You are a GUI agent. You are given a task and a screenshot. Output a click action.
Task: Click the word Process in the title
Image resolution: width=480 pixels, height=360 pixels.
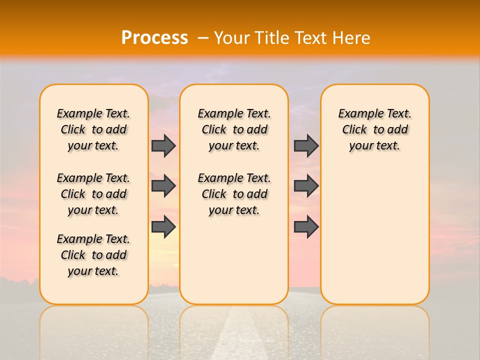click(x=154, y=38)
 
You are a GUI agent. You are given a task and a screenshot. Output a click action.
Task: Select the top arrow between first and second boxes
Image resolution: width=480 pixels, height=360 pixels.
click(x=163, y=145)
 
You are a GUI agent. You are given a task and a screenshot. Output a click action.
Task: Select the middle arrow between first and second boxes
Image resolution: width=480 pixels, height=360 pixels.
click(x=163, y=186)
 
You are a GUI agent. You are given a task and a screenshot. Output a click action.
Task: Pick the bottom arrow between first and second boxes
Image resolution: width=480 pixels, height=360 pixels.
click(x=163, y=226)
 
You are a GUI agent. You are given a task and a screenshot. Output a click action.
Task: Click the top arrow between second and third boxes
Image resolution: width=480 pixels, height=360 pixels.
click(x=306, y=145)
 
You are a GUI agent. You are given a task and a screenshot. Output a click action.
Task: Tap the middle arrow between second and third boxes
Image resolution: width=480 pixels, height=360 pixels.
click(x=306, y=186)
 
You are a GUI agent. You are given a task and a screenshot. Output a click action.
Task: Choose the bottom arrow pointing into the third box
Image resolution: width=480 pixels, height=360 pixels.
click(x=306, y=226)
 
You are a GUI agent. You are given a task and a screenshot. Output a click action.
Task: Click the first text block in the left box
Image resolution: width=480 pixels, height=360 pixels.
click(x=93, y=129)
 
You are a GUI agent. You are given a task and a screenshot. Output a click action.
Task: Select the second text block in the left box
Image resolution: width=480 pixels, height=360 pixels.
click(x=93, y=194)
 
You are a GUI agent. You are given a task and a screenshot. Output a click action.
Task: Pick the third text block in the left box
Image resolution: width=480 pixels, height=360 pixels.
click(x=93, y=255)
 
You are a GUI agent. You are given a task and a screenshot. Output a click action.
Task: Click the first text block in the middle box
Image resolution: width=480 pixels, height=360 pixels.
click(x=234, y=129)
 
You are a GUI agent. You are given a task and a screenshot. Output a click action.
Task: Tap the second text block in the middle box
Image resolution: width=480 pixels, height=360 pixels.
click(x=234, y=194)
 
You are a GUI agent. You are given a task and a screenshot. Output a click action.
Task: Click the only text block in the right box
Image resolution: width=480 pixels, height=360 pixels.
click(x=375, y=129)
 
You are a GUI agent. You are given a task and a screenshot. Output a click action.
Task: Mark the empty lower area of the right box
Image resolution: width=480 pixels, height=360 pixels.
click(x=375, y=240)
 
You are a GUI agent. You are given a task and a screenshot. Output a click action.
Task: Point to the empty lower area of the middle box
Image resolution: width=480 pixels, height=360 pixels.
click(x=234, y=260)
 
